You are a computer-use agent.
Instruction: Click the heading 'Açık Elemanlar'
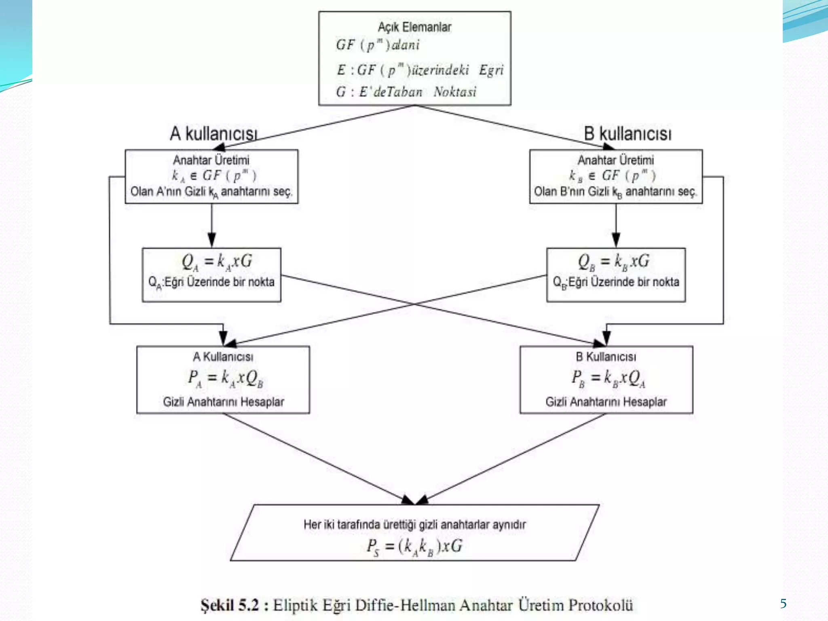point(414,27)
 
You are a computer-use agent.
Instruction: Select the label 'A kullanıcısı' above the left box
point(213,134)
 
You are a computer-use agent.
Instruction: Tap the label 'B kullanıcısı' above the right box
point(627,134)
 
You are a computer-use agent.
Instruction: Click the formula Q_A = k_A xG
point(217,262)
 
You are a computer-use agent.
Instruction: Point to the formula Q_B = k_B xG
point(613,262)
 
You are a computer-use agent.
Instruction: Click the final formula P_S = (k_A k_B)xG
point(414,547)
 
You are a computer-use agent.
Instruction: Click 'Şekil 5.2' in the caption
point(229,605)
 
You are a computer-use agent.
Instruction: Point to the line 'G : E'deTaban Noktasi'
point(406,92)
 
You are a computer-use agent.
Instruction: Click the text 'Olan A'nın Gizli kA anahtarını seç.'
point(211,192)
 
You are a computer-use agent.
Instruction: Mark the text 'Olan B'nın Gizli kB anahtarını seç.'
point(615,192)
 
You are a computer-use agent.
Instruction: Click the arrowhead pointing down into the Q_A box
point(211,240)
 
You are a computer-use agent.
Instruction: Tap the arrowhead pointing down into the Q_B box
point(616,240)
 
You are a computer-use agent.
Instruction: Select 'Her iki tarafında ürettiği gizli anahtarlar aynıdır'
point(414,525)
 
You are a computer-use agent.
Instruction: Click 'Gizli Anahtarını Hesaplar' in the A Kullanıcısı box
point(223,402)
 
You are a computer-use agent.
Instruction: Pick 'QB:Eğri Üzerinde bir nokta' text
point(616,282)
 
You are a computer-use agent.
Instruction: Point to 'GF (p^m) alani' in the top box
point(378,45)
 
